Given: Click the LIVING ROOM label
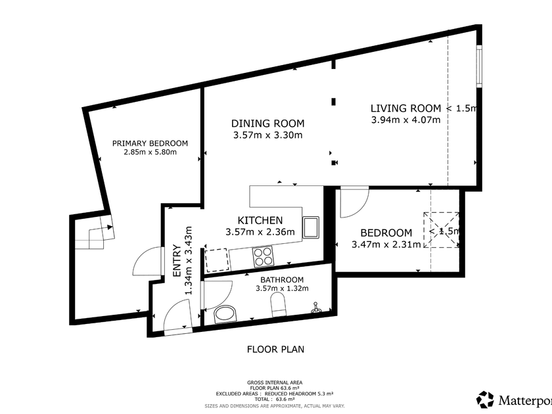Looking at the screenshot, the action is pos(405,108).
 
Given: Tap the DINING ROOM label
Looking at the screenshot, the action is pos(267,124).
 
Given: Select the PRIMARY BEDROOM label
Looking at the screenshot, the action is pos(150,143).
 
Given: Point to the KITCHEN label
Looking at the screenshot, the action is pos(260,220).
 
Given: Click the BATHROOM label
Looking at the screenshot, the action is pos(282,280).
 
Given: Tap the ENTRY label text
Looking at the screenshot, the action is pos(177,260).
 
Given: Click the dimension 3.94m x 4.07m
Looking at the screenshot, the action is pos(405,120).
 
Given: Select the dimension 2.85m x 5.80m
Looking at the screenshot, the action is pos(150,152).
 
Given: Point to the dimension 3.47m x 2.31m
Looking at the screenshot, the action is pos(386,244).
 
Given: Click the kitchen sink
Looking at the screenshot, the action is pos(311,227).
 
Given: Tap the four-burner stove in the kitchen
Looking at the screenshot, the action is pos(263,256).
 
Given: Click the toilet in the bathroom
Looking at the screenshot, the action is pos(279,304).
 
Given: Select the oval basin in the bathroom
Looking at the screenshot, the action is pos(225,314).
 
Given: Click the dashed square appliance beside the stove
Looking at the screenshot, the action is pos(216,260).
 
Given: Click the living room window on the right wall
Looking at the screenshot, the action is pos(479,66).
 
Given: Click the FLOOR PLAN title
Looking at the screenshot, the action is pos(275,349).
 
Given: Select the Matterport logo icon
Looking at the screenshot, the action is pos(485,400).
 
